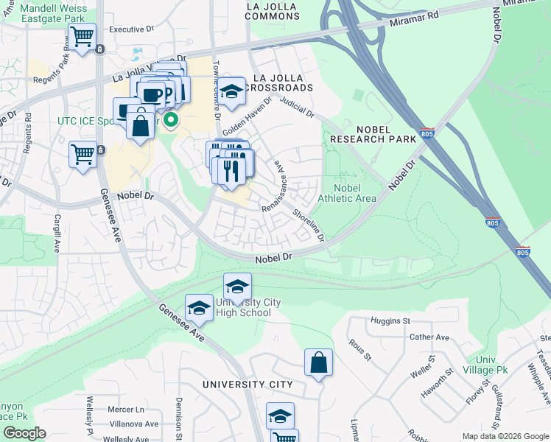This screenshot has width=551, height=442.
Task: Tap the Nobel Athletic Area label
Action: pos(347,193)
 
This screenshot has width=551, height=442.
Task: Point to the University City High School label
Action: pos(243,308)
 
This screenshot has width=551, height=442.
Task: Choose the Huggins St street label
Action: pos(391,321)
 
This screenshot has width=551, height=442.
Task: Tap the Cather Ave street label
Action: pos(429,337)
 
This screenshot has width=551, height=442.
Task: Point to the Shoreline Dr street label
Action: pos(309,225)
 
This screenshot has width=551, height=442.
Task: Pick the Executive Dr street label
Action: pos(131,29)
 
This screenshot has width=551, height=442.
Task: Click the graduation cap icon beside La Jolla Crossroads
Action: pos(232,92)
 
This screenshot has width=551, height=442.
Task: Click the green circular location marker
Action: pos(171,119)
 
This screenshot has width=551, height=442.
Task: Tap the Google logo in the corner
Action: pos(24,433)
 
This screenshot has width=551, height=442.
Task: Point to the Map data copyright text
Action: pos(505,436)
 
